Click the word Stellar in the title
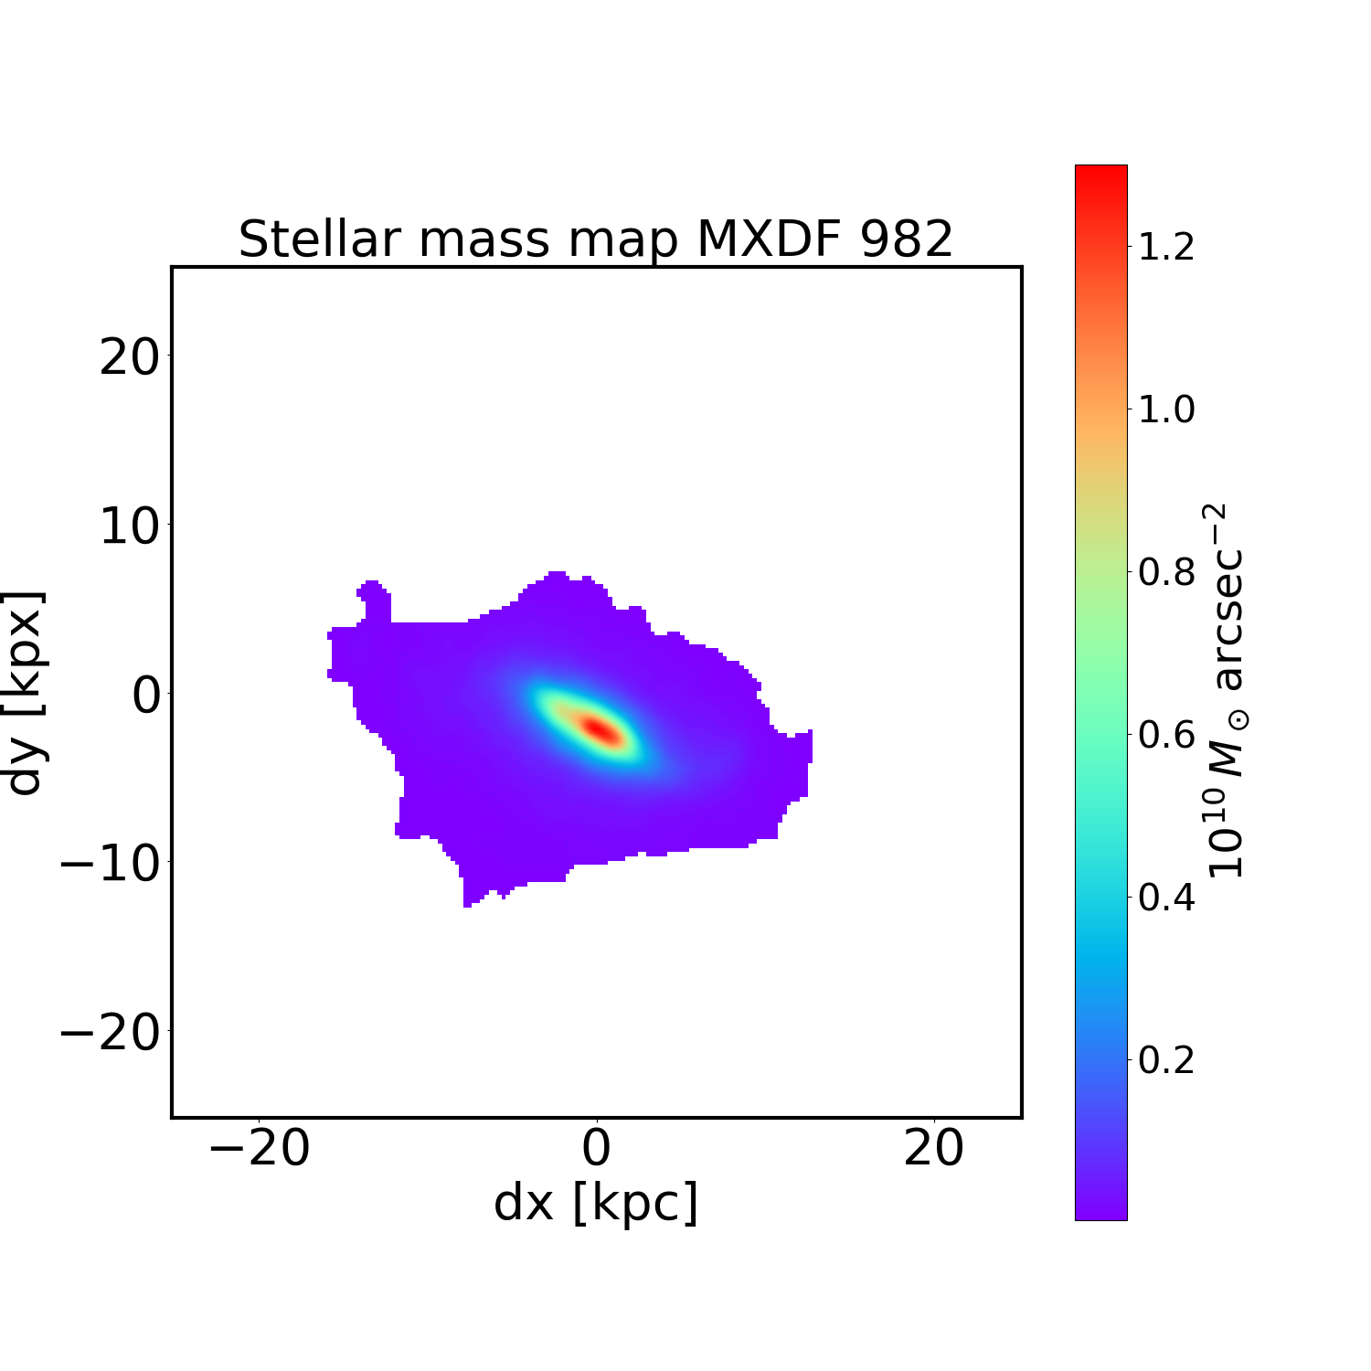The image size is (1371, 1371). coord(320,240)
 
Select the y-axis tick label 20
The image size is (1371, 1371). coord(129,357)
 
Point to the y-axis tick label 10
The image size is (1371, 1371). coord(129,526)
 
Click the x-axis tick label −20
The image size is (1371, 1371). coord(260,1148)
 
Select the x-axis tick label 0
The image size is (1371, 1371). coord(596,1148)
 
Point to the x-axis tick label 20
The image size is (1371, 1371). coord(933,1148)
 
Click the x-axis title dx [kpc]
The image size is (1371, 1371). coord(596,1203)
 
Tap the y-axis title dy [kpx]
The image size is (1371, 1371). coord(25,692)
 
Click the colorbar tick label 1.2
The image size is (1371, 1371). coord(1166,247)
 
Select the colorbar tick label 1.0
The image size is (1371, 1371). coord(1166,409)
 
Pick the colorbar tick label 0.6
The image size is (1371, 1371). coord(1166,735)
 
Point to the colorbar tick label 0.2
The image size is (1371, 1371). coord(1166,1060)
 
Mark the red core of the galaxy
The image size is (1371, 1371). coord(599,729)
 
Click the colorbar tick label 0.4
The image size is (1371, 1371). coord(1166,898)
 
